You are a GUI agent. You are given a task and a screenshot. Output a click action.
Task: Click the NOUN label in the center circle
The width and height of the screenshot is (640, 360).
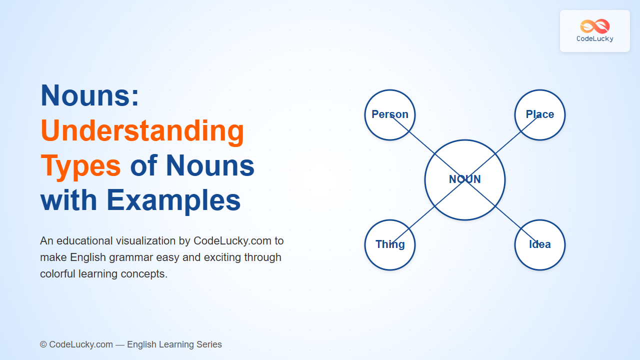[465, 179]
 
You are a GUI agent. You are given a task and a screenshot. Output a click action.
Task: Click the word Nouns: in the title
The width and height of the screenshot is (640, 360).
[89, 95]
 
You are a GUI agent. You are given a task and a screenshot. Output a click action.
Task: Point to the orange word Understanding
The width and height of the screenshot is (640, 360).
[142, 131]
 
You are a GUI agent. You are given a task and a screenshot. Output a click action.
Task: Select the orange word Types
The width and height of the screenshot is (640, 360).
[80, 167]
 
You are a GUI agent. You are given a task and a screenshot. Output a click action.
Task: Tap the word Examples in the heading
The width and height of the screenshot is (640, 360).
[173, 201]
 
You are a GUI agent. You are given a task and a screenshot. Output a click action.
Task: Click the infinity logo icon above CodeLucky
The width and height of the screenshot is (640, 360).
[595, 26]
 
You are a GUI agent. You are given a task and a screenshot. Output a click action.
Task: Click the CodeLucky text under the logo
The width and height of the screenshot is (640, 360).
[595, 39]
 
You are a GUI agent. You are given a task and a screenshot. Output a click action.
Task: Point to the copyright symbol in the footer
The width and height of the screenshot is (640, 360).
[43, 344]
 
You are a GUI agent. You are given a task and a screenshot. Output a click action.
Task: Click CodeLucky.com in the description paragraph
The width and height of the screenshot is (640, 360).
[232, 241]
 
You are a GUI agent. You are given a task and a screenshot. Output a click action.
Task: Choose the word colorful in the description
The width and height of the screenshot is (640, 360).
[58, 273]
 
